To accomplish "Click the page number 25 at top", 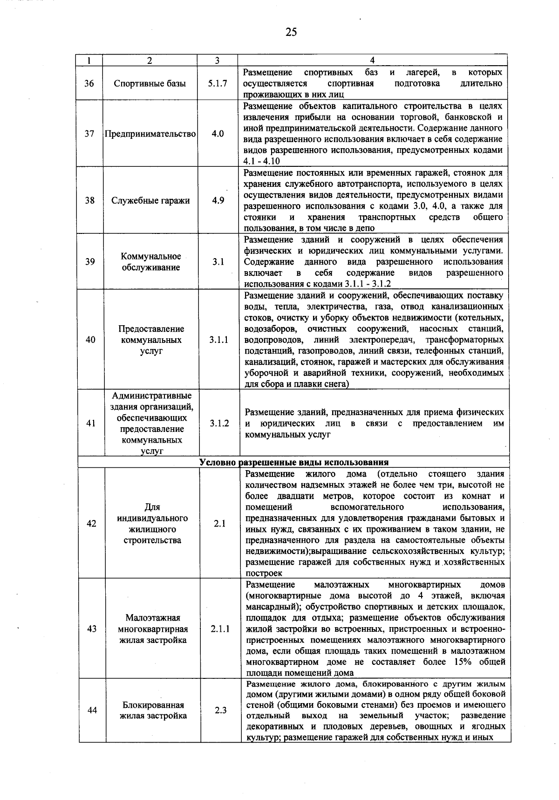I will [x=291, y=32].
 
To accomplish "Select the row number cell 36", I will [x=89, y=83].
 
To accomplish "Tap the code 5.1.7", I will [x=218, y=83].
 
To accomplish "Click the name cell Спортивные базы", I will [x=150, y=83].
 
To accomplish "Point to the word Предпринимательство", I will [x=150, y=134].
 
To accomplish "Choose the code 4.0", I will [x=218, y=134].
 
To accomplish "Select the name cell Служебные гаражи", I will [x=150, y=201].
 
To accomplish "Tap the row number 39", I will [x=90, y=262].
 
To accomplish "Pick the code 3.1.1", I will [x=218, y=340].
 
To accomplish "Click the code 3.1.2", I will [x=219, y=424].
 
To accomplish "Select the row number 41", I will [x=91, y=424].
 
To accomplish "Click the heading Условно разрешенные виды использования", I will [x=293, y=462].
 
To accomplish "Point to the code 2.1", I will [x=220, y=524].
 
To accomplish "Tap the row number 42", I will [x=91, y=524].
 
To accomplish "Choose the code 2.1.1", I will [x=220, y=629].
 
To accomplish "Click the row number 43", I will [x=92, y=629].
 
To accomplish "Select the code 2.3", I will [x=221, y=710].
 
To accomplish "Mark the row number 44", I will [x=92, y=710].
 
